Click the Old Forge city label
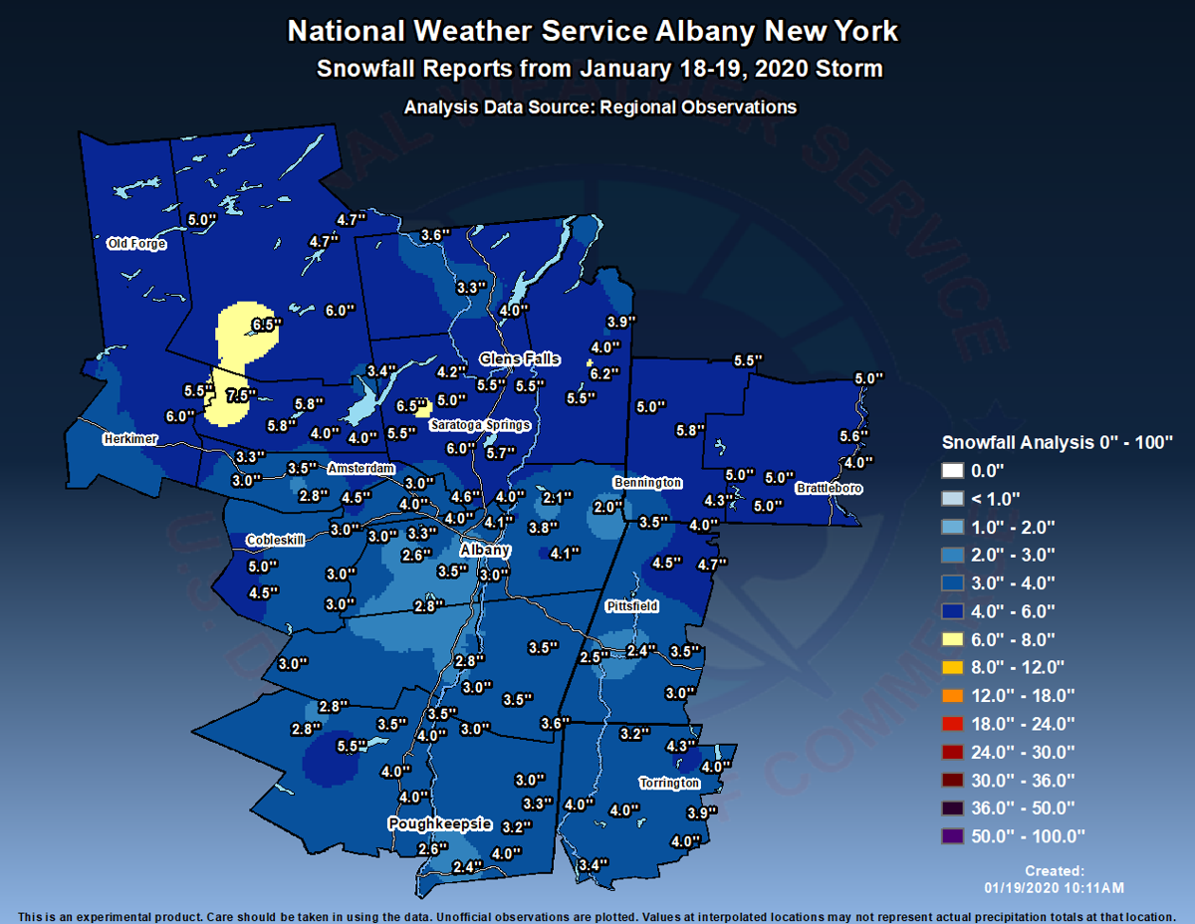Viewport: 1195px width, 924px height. [136, 244]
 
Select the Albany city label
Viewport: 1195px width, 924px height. [485, 551]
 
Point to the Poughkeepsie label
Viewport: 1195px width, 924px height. [439, 823]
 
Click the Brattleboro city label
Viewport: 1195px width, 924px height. [829, 489]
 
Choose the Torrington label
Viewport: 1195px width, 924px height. [669, 784]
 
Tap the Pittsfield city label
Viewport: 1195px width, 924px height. [631, 605]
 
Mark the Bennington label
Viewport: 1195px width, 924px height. [647, 483]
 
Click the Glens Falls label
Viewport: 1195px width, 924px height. [520, 359]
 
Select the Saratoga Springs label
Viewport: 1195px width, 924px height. [480, 425]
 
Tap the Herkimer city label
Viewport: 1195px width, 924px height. [130, 439]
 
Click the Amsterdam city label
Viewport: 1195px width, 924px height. [361, 468]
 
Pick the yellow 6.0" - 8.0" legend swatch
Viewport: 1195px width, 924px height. [953, 639]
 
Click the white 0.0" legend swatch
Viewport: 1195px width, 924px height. [953, 470]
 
